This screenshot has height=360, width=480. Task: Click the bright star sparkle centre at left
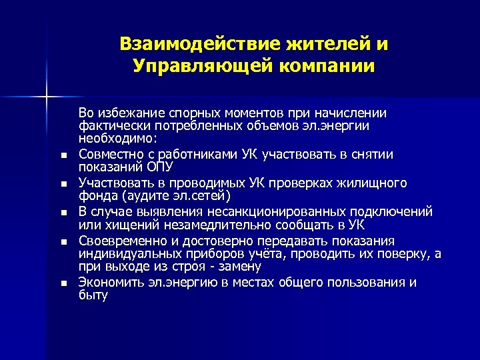coord(46,97)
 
